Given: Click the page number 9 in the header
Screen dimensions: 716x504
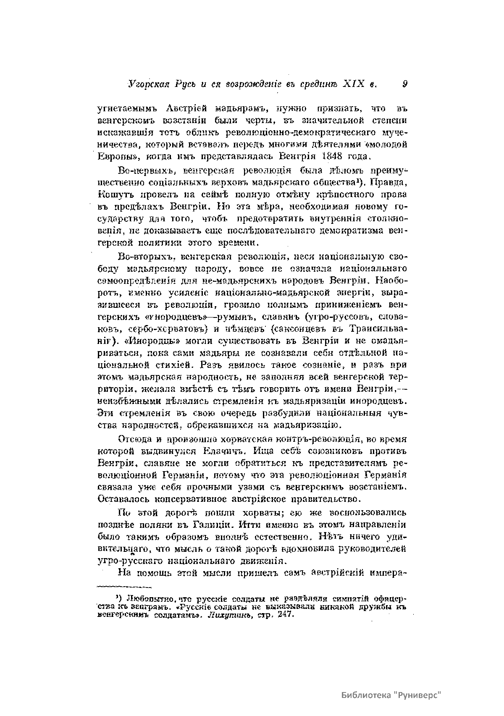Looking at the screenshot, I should coord(404,84).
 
